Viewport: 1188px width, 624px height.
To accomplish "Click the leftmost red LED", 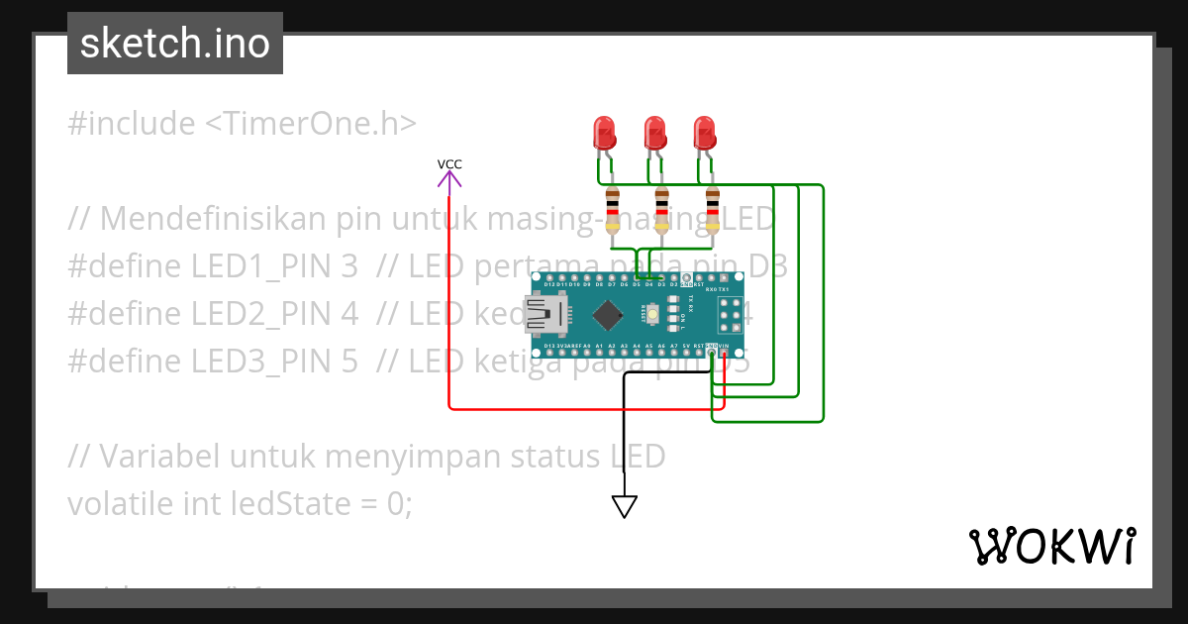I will pos(603,133).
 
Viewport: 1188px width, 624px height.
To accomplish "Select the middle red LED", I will pos(653,133).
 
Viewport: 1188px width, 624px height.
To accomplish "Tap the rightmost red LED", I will pos(704,133).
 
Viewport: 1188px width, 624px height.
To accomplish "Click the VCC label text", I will pos(449,164).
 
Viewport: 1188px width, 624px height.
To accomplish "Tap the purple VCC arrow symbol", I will pos(449,179).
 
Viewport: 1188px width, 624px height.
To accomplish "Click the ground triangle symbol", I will pos(624,506).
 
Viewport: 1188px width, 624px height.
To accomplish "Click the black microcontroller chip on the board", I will pos(606,316).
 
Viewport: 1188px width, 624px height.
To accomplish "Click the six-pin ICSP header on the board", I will pos(731,316).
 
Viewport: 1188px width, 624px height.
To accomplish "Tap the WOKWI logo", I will pos(1051,546).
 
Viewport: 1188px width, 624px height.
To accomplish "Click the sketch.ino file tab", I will pos(175,44).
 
